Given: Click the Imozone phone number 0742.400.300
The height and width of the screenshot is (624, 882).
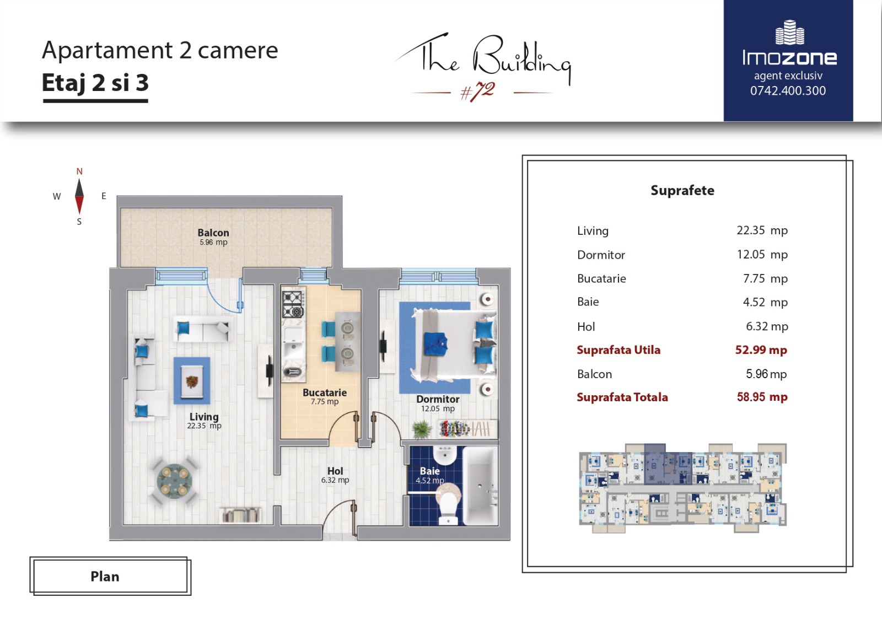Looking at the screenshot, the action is coord(788,90).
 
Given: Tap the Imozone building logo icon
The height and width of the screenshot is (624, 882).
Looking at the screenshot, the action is coord(790,33).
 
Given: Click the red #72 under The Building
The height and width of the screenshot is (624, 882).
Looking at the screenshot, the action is coord(477,92).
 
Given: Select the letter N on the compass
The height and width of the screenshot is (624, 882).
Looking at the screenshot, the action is coord(79,171).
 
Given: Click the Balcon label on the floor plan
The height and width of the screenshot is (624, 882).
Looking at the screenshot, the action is coord(213,233).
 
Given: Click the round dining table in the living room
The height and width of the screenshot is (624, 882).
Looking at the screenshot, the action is coord(174,481).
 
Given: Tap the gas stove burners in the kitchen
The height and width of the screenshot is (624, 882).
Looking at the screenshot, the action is coord(293,304).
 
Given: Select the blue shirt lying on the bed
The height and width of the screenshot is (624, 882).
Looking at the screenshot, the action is coord(436,343).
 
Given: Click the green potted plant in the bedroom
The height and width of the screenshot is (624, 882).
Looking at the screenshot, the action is coord(421,429).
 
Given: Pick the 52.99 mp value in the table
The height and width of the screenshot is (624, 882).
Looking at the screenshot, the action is coord(761,349).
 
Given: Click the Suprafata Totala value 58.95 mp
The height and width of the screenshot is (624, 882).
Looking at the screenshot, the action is coord(762,397).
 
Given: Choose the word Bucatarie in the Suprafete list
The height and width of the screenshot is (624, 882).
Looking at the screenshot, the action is coord(601,278).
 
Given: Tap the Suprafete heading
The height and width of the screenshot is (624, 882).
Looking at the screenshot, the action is coord(682,191).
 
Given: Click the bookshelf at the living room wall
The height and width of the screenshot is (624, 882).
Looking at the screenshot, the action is coord(240,515).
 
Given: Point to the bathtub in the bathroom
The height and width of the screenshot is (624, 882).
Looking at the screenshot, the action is coord(481,486).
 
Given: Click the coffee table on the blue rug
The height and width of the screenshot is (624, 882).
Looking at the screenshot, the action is coord(192,381).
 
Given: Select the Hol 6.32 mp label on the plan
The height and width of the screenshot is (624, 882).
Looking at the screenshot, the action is coord(335,475).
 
